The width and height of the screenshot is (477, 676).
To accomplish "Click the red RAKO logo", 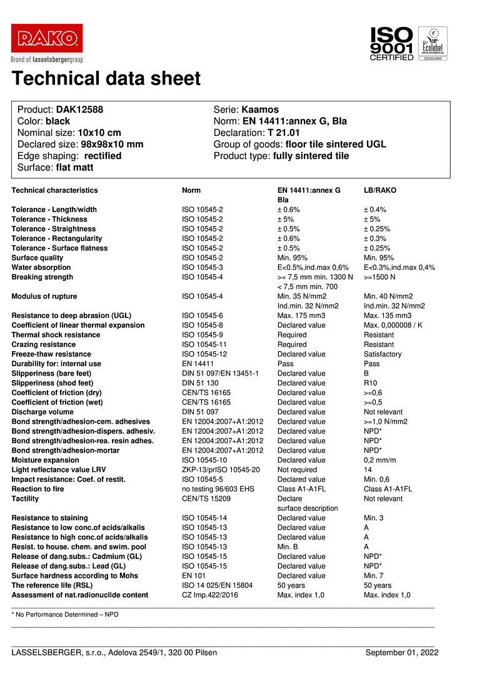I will pos(47,39).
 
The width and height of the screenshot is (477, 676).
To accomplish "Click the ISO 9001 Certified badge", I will pos(392,43).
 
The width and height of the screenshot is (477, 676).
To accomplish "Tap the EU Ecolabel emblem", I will pos(432,43).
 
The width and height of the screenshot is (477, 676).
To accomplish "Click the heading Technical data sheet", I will pos(106,79).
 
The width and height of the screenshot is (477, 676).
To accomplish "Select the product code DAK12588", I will pos(79,110).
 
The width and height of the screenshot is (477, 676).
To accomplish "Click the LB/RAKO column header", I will pos(380,190).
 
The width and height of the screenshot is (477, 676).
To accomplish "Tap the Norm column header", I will pos(191,190).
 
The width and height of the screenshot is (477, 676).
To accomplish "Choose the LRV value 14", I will pos(368,469).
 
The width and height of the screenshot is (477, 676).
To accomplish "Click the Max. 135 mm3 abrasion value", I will pos(388,315).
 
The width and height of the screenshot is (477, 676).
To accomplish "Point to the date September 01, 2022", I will pos(402,653).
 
